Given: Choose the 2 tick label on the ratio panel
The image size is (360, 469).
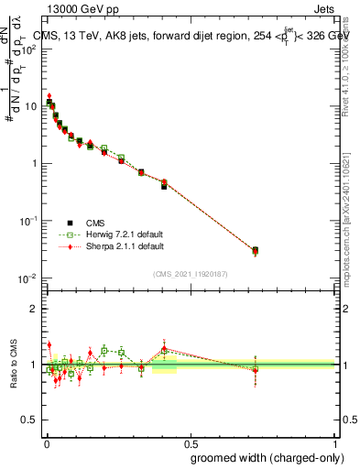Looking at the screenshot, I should tap(34, 309).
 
